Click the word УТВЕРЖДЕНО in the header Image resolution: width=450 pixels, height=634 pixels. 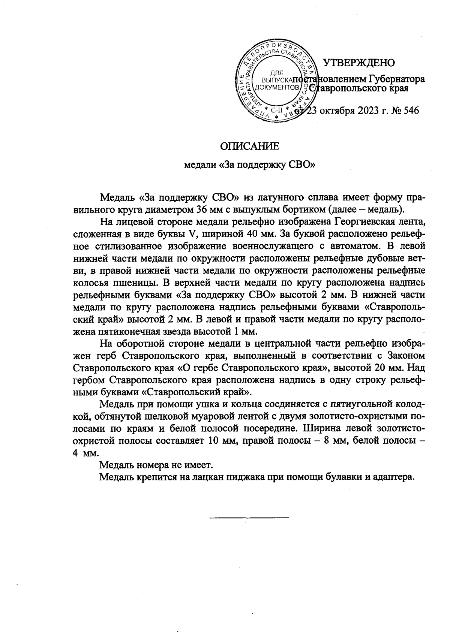point(359,63)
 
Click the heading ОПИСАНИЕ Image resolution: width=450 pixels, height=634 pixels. point(249,146)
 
